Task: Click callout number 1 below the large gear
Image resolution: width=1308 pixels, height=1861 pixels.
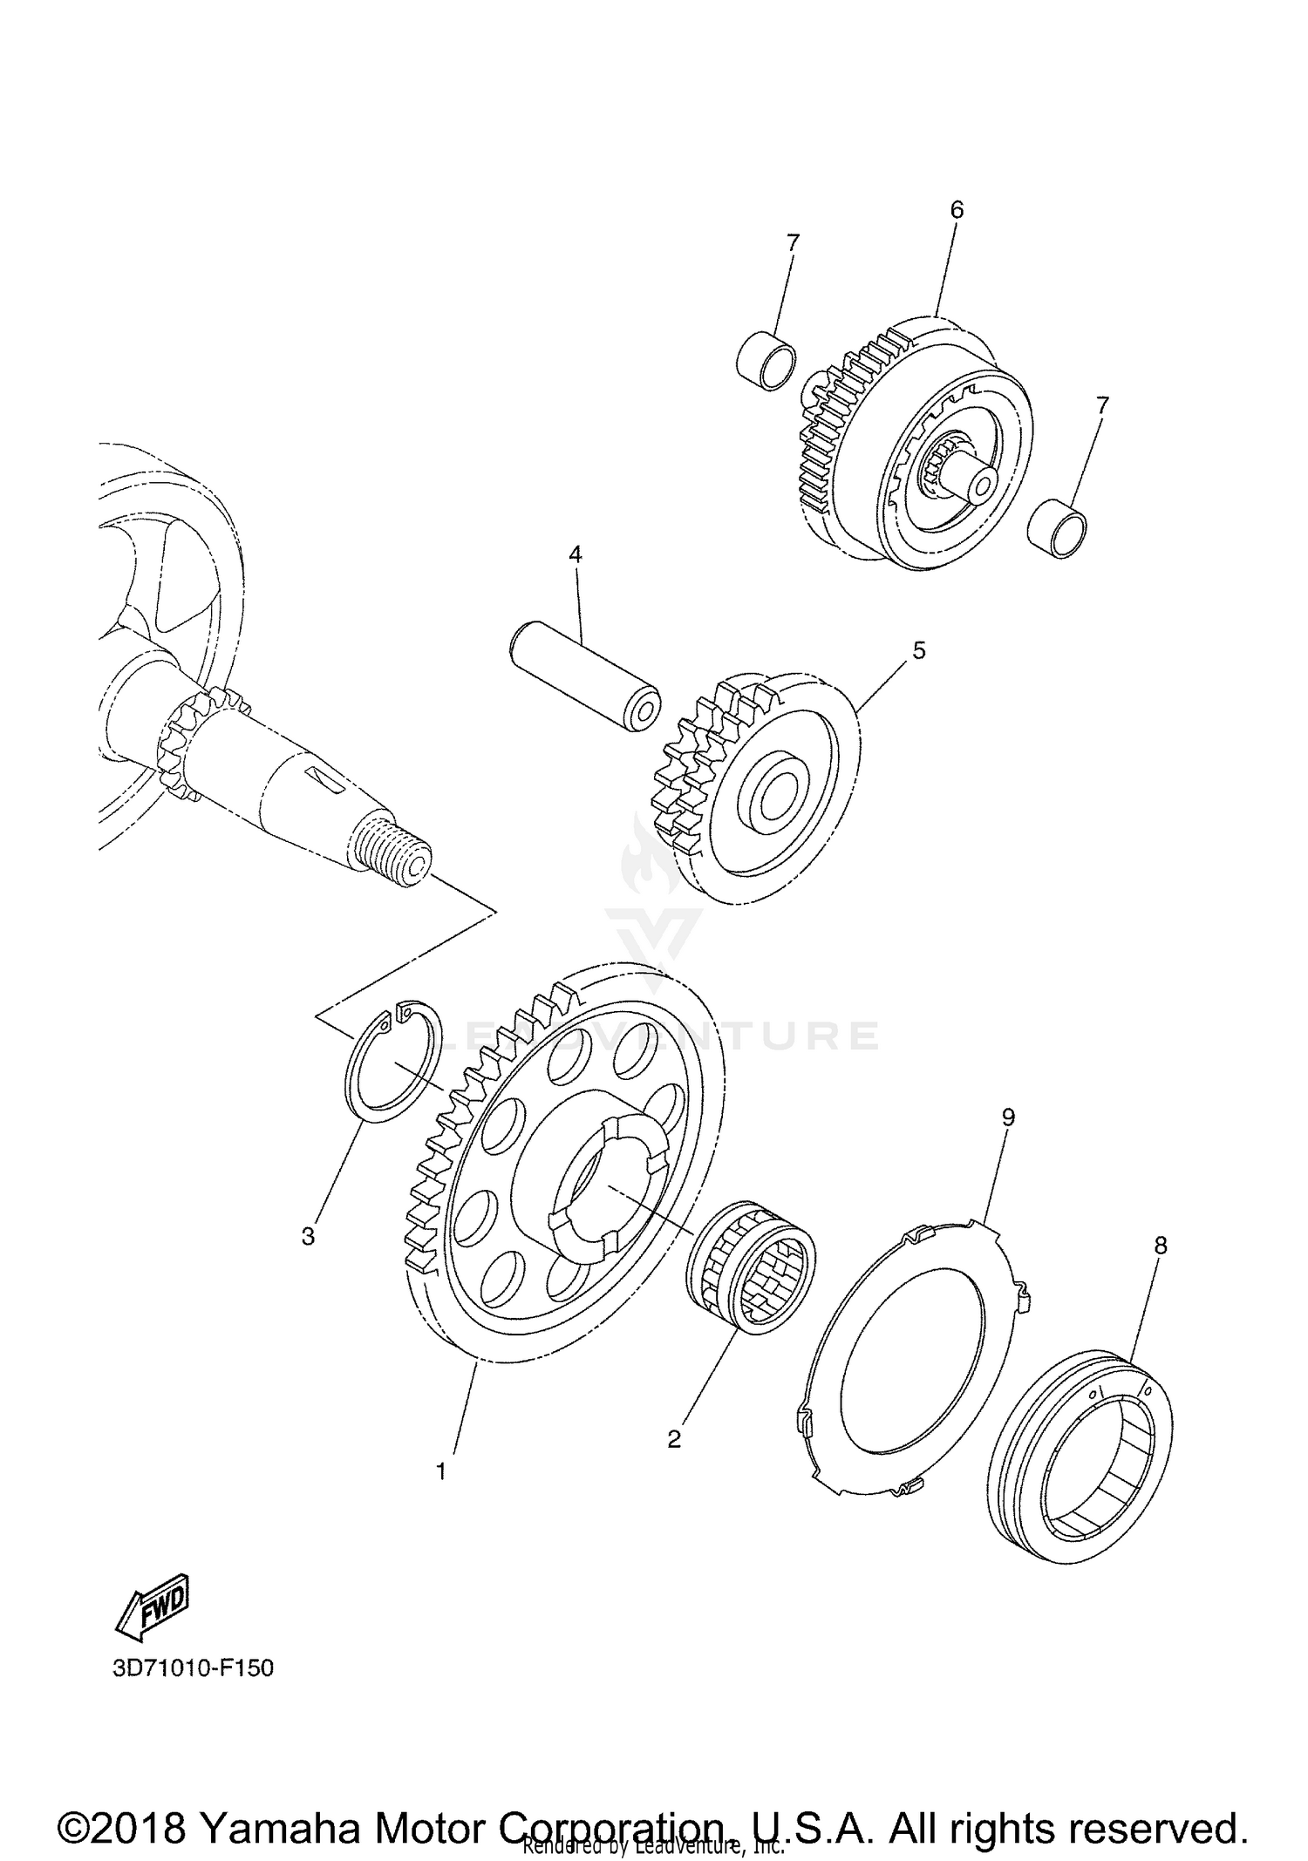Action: (x=441, y=1471)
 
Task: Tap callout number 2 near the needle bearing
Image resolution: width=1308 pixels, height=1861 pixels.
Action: (x=673, y=1439)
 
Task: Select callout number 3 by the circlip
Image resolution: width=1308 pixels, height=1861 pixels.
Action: (x=308, y=1236)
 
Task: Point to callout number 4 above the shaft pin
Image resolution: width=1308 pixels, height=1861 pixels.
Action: (x=575, y=554)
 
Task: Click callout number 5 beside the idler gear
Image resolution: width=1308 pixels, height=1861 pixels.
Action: (x=918, y=650)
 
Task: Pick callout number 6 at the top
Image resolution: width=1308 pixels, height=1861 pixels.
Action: (x=957, y=209)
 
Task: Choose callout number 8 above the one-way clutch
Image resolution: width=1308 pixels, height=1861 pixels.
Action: (x=1160, y=1246)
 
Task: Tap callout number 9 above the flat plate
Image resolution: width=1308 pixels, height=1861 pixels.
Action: (x=1008, y=1118)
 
